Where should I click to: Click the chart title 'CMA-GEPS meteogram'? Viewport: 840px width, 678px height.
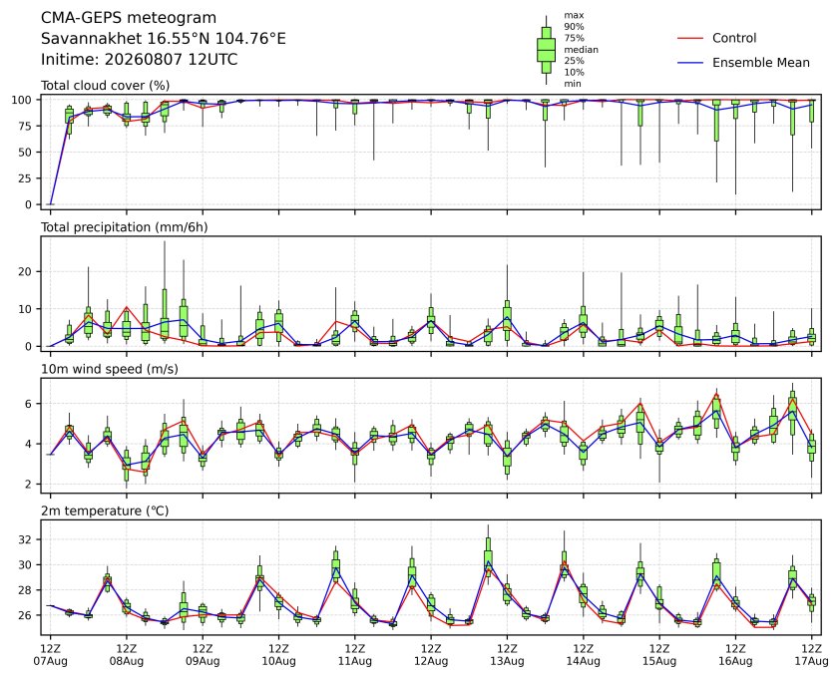click(129, 18)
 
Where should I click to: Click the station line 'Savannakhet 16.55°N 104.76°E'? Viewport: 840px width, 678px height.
click(164, 39)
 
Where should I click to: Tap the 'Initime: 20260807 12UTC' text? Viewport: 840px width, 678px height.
click(140, 59)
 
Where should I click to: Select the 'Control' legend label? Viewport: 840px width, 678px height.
click(734, 38)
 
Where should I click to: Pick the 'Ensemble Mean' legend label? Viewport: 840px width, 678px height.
click(761, 63)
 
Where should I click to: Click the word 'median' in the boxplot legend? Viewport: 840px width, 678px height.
click(581, 49)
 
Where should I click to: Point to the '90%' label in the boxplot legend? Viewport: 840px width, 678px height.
click(574, 26)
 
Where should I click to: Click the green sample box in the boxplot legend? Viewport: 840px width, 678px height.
click(546, 50)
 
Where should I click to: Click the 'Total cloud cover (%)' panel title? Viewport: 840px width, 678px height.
click(106, 86)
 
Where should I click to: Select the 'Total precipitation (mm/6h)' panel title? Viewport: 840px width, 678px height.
click(125, 227)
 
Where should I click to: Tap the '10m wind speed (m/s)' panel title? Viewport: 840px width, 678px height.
click(110, 369)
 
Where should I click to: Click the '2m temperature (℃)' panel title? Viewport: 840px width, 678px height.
click(105, 510)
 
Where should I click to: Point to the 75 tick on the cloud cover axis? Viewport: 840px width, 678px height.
click(26, 126)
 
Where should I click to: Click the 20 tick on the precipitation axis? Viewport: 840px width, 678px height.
click(26, 271)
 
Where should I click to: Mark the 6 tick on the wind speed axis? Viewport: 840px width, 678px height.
click(29, 403)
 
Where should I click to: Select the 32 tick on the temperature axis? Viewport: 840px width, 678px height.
click(26, 539)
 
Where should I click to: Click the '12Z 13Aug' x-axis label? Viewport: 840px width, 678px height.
click(507, 655)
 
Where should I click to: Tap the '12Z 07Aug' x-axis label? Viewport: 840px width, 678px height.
click(50, 655)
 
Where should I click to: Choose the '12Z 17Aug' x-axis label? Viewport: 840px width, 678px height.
click(812, 655)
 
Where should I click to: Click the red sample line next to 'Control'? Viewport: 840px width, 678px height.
click(690, 39)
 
